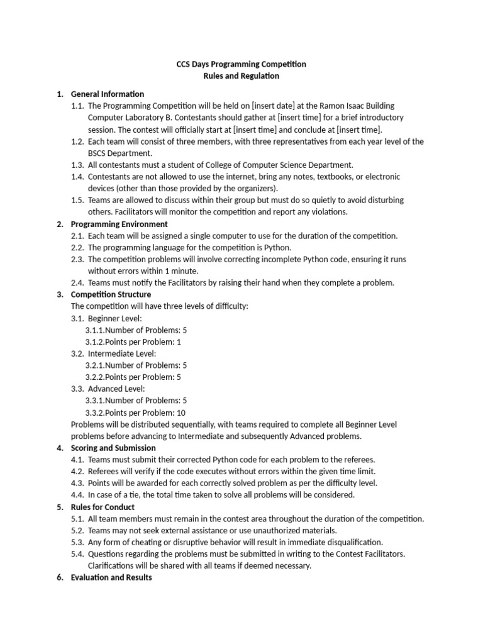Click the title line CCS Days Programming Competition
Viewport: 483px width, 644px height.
[x=240, y=64]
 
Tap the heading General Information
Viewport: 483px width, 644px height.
[x=108, y=94]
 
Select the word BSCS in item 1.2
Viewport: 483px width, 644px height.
[x=98, y=153]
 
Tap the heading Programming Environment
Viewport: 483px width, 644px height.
[x=119, y=224]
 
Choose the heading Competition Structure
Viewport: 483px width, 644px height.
[x=111, y=294]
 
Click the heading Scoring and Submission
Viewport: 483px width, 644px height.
[x=113, y=448]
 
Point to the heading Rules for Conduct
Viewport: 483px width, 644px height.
[x=103, y=507]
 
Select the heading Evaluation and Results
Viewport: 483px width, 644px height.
[x=111, y=577]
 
